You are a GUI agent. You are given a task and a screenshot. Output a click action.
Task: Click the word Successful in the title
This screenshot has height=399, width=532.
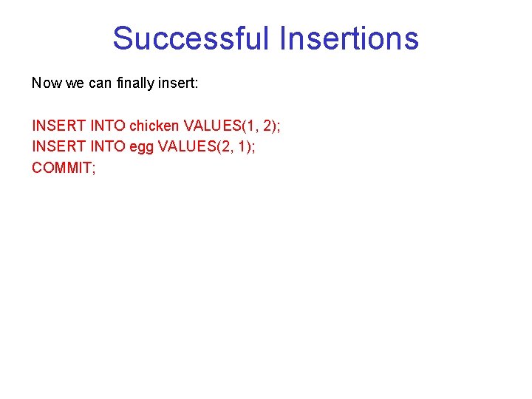click(x=192, y=38)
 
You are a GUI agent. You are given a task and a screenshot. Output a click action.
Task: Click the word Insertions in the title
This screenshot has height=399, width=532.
click(x=349, y=38)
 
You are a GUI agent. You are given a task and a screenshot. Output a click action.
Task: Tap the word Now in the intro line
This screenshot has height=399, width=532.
click(x=47, y=83)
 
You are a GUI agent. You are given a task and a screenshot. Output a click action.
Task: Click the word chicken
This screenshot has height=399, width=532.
click(x=154, y=126)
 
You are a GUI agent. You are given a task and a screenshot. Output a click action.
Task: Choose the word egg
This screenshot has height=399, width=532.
click(x=142, y=146)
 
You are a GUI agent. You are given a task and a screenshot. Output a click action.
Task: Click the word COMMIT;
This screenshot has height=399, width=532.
click(x=64, y=168)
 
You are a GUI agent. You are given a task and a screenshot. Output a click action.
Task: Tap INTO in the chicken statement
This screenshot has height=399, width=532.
click(x=108, y=126)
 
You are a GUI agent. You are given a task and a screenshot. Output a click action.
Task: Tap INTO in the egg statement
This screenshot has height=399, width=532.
click(x=108, y=146)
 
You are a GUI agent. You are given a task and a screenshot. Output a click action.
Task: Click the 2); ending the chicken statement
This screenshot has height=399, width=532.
click(x=270, y=126)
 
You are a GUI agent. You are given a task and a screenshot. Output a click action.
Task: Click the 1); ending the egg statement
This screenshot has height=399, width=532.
click(x=245, y=146)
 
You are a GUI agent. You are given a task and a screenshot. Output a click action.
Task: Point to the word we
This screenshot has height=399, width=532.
click(x=75, y=83)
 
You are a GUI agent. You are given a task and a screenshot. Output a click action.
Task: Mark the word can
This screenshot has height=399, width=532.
click(x=99, y=83)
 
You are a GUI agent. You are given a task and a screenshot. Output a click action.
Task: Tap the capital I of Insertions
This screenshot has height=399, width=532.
click(x=284, y=38)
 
